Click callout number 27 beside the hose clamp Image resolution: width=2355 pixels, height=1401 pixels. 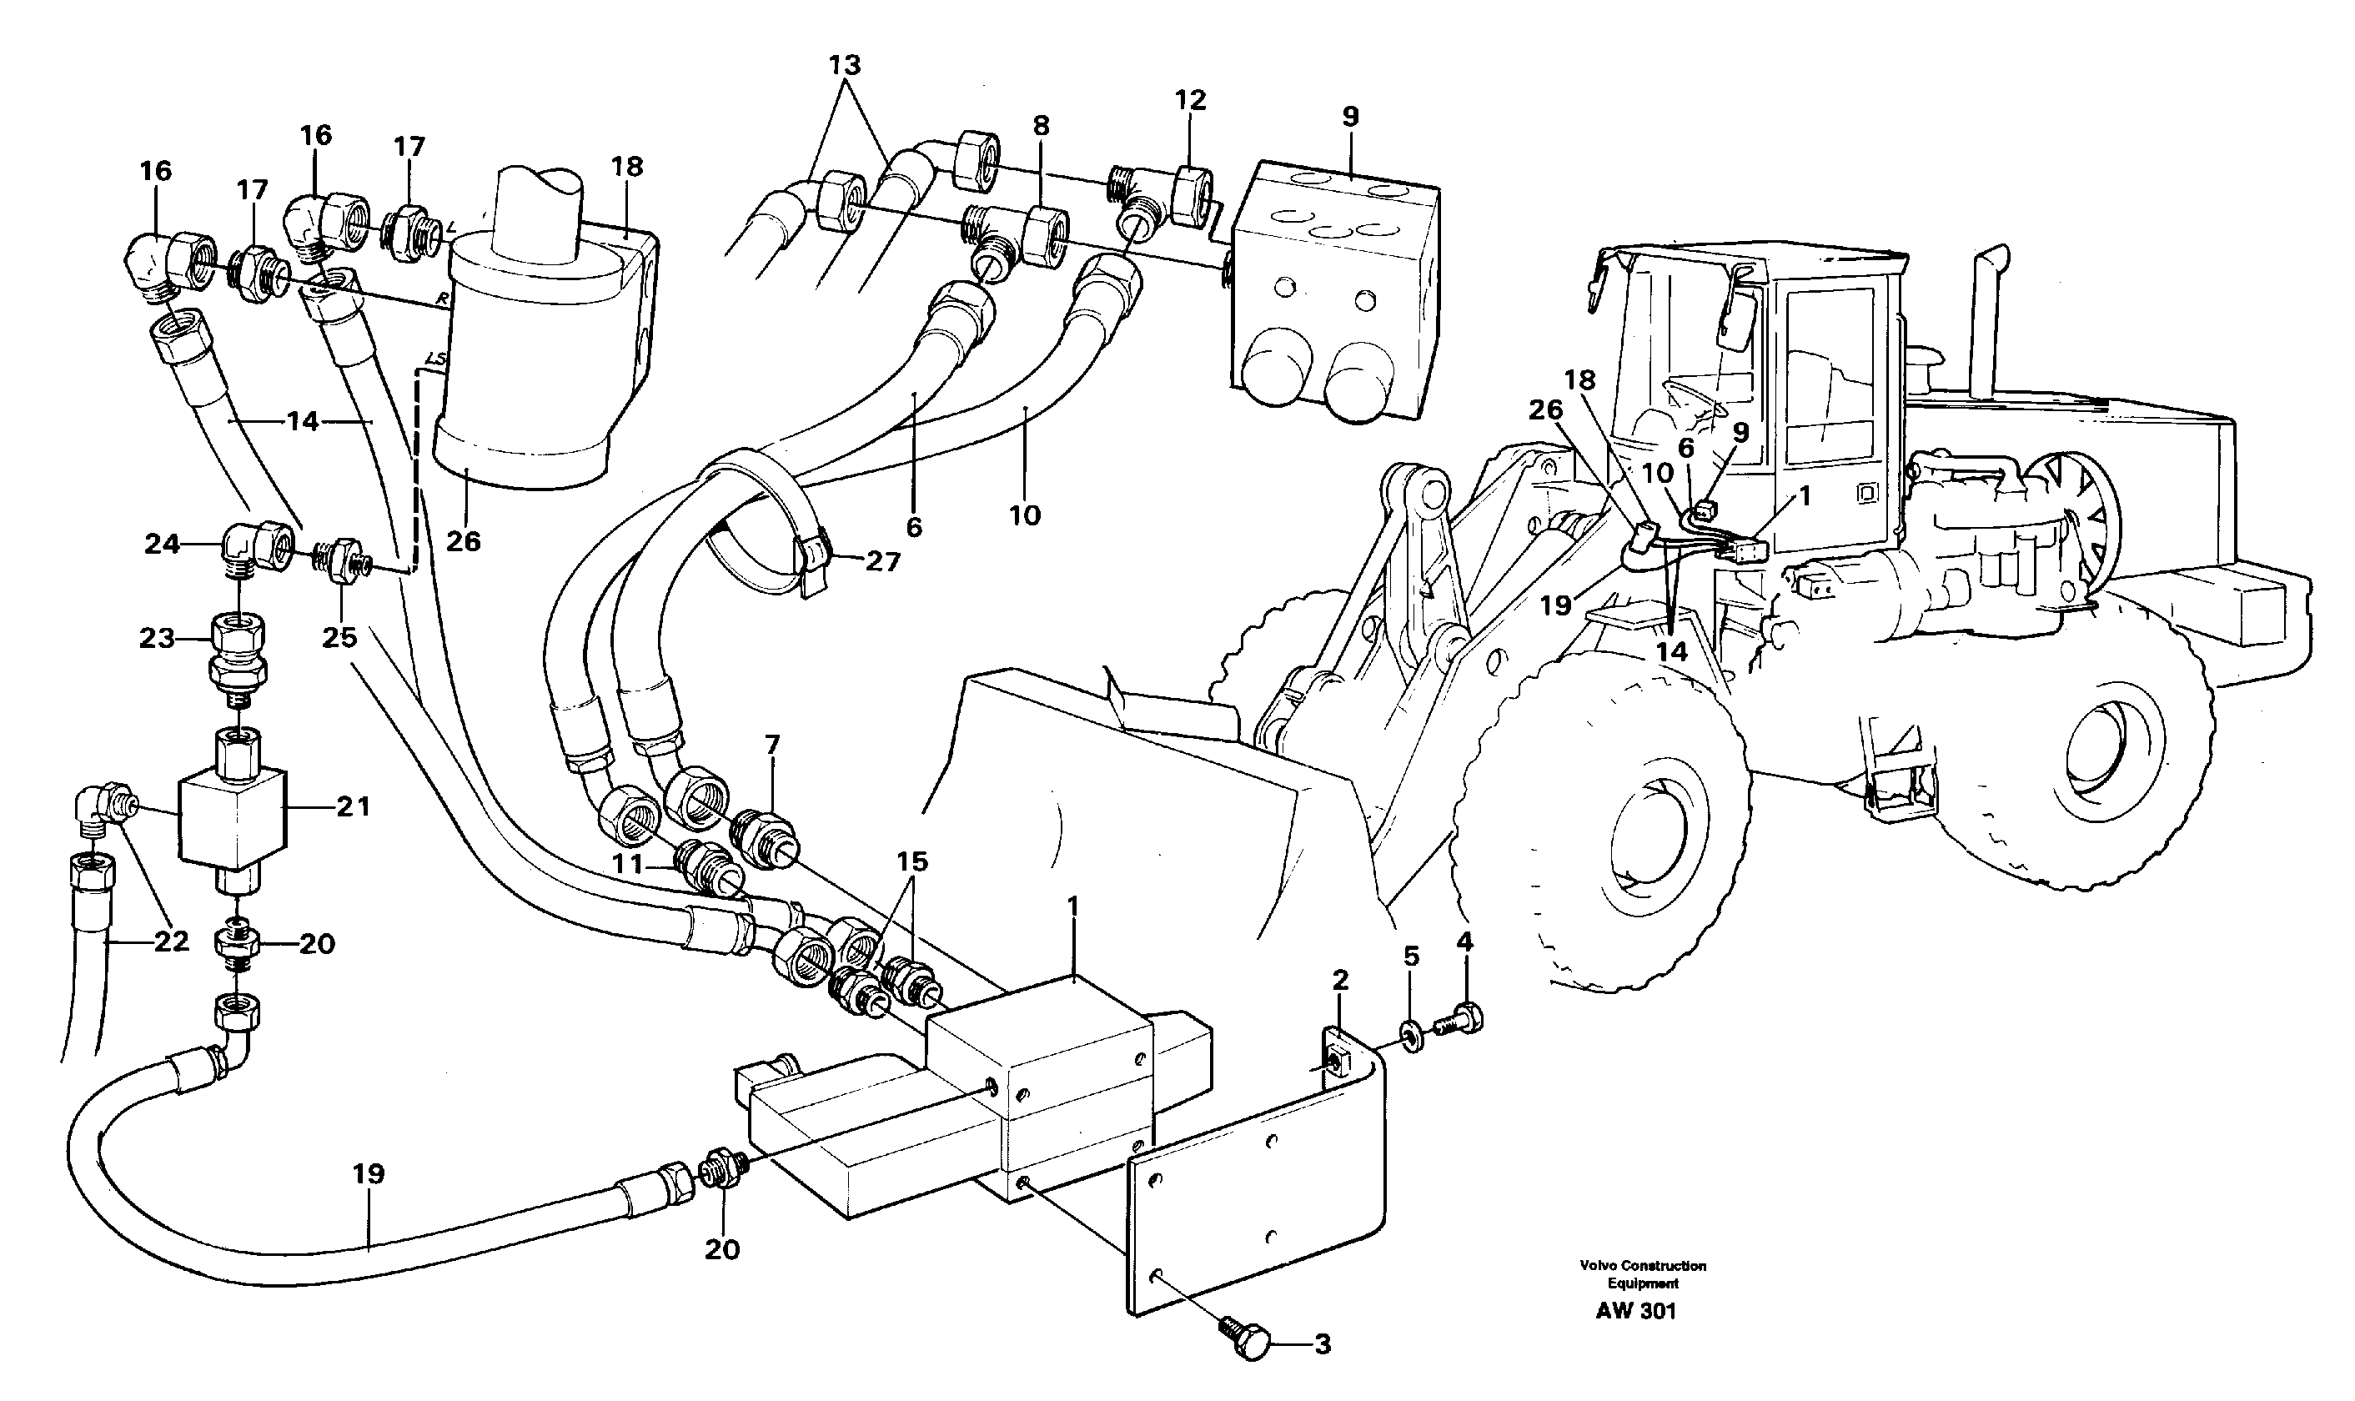point(882,562)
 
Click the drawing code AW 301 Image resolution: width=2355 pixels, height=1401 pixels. point(1636,1310)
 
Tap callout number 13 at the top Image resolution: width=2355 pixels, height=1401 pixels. point(845,65)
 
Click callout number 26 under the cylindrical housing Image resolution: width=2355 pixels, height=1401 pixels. point(463,541)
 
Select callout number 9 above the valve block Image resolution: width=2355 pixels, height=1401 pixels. point(1350,116)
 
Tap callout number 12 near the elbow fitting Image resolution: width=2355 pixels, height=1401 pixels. point(1190,99)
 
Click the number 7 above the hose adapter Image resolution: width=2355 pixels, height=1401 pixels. point(772,745)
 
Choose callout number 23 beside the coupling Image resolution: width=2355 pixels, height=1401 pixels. point(157,638)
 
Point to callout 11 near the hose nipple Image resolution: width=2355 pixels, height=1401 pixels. point(628,863)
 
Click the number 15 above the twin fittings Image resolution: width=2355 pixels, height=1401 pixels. point(911,861)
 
